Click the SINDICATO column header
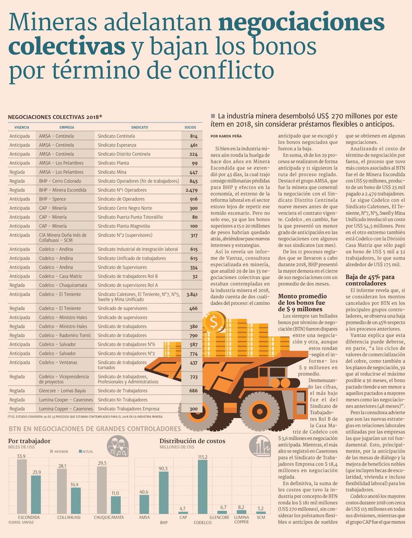[x=139, y=127]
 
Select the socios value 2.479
[x=192, y=190]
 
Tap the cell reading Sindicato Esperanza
[x=117, y=145]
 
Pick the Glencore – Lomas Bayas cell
[x=63, y=391]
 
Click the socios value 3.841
[x=192, y=295]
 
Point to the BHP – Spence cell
[x=52, y=199]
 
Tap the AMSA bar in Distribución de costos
[x=144, y=504]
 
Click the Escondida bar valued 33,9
[x=21, y=487]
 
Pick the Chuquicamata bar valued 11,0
[x=116, y=505]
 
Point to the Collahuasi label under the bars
[x=69, y=517]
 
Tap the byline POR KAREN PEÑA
[x=226, y=136]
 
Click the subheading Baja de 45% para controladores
[x=370, y=280]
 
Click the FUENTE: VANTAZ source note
[x=21, y=522]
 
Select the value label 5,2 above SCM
[x=260, y=509]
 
